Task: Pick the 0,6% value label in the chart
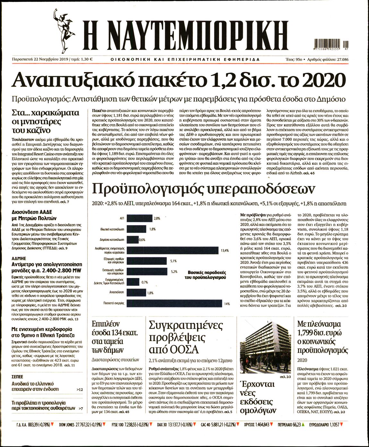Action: [142, 240]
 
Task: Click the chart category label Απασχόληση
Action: [116, 292]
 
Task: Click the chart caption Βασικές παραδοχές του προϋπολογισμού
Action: [205, 274]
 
